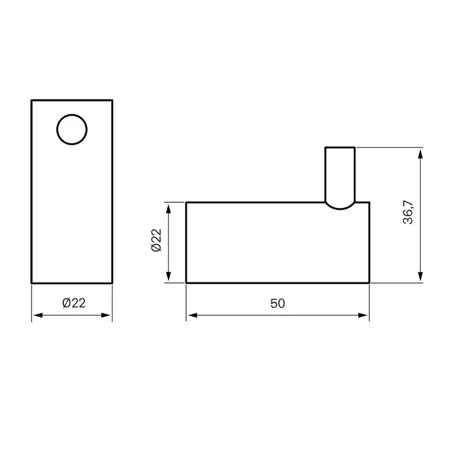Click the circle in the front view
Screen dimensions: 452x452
[72, 115]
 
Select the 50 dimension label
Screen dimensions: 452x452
[277, 303]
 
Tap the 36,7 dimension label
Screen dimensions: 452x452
[408, 212]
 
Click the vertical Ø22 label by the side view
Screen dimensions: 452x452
[157, 240]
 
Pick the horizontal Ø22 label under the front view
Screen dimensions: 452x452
[74, 303]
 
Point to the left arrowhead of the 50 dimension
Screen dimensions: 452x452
[192, 315]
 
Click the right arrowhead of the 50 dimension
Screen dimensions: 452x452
[363, 315]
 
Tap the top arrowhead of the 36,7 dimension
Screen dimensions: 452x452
[420, 154]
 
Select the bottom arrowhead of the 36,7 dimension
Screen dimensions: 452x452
[420, 276]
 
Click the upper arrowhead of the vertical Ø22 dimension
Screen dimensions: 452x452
[168, 208]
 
